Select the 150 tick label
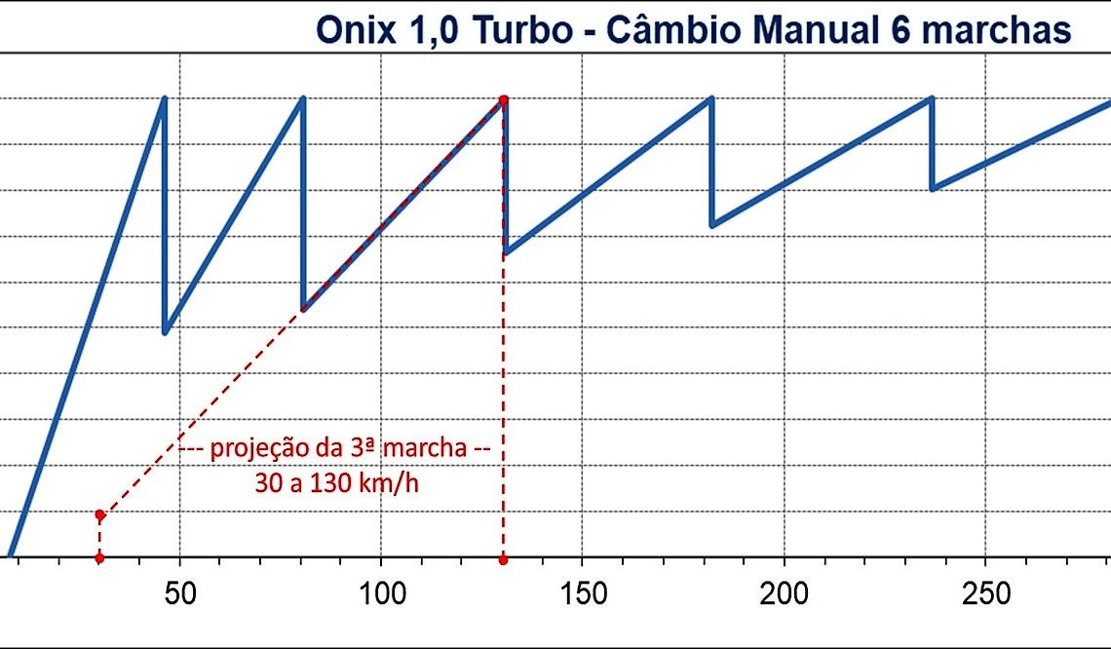point(582,593)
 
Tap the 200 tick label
point(784,593)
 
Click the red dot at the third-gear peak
point(504,99)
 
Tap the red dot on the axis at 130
point(504,559)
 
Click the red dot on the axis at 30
point(99,558)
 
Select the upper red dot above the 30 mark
point(99,514)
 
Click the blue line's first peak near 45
point(164,98)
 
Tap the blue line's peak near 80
point(303,98)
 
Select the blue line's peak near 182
point(711,98)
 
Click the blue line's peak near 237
point(932,98)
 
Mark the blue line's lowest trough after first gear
point(165,333)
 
